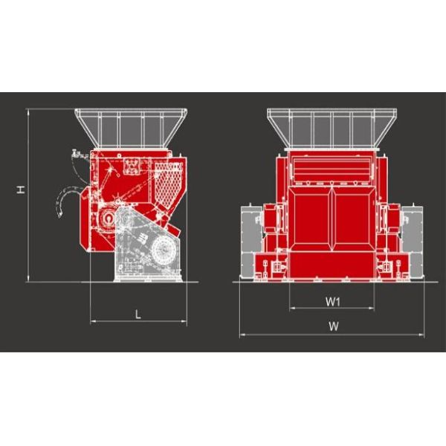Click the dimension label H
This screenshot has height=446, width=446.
coord(20,190)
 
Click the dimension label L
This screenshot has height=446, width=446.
coord(138,314)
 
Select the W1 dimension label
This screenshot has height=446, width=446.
coord(332,302)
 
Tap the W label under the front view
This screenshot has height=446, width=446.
coord(333,326)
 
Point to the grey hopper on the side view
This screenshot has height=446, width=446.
coord(131,128)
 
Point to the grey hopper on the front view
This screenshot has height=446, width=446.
coord(332,129)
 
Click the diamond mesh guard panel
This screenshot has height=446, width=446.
coord(168,183)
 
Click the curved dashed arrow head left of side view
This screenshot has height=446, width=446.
coord(59,214)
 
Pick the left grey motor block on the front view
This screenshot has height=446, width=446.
coord(251,241)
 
